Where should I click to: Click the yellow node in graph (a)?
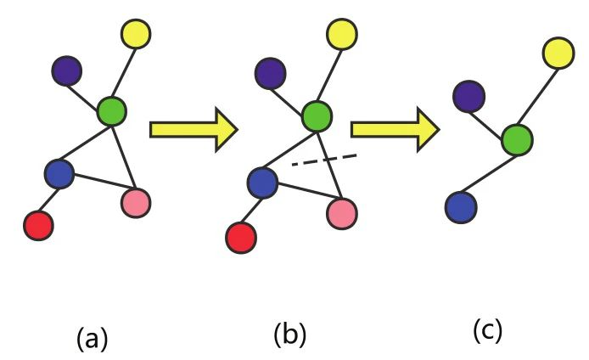coord(137,34)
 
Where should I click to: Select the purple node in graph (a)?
coord(66,69)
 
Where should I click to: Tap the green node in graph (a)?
coord(112,110)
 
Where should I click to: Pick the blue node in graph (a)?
coord(59,172)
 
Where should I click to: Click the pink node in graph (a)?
coord(136,203)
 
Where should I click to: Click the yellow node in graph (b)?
coord(342,36)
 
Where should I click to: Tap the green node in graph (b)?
coord(317,115)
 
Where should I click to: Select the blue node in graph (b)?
coord(263,182)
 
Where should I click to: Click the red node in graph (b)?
coord(242,235)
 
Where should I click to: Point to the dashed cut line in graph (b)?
coord(323,159)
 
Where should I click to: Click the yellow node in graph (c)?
coord(558,53)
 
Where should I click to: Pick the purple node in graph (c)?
coord(468,97)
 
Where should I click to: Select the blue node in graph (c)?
coord(460,206)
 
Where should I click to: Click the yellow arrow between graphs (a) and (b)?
coord(192,129)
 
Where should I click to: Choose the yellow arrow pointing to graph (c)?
coord(394,129)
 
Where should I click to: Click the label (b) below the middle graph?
coord(289,334)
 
